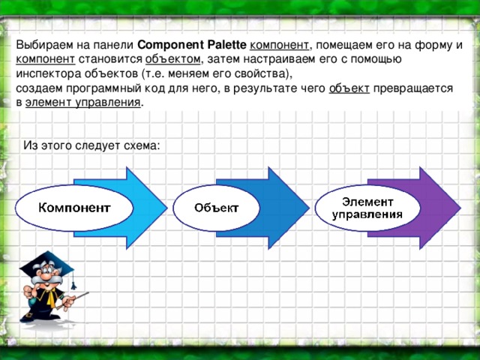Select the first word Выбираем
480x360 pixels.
tap(43, 44)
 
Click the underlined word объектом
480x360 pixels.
tap(172, 58)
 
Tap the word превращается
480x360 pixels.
tap(412, 88)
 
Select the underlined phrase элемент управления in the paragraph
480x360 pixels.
tap(82, 102)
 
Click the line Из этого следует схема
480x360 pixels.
tap(91, 144)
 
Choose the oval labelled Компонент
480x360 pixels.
tap(74, 207)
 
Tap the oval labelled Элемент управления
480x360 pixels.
tap(367, 207)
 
